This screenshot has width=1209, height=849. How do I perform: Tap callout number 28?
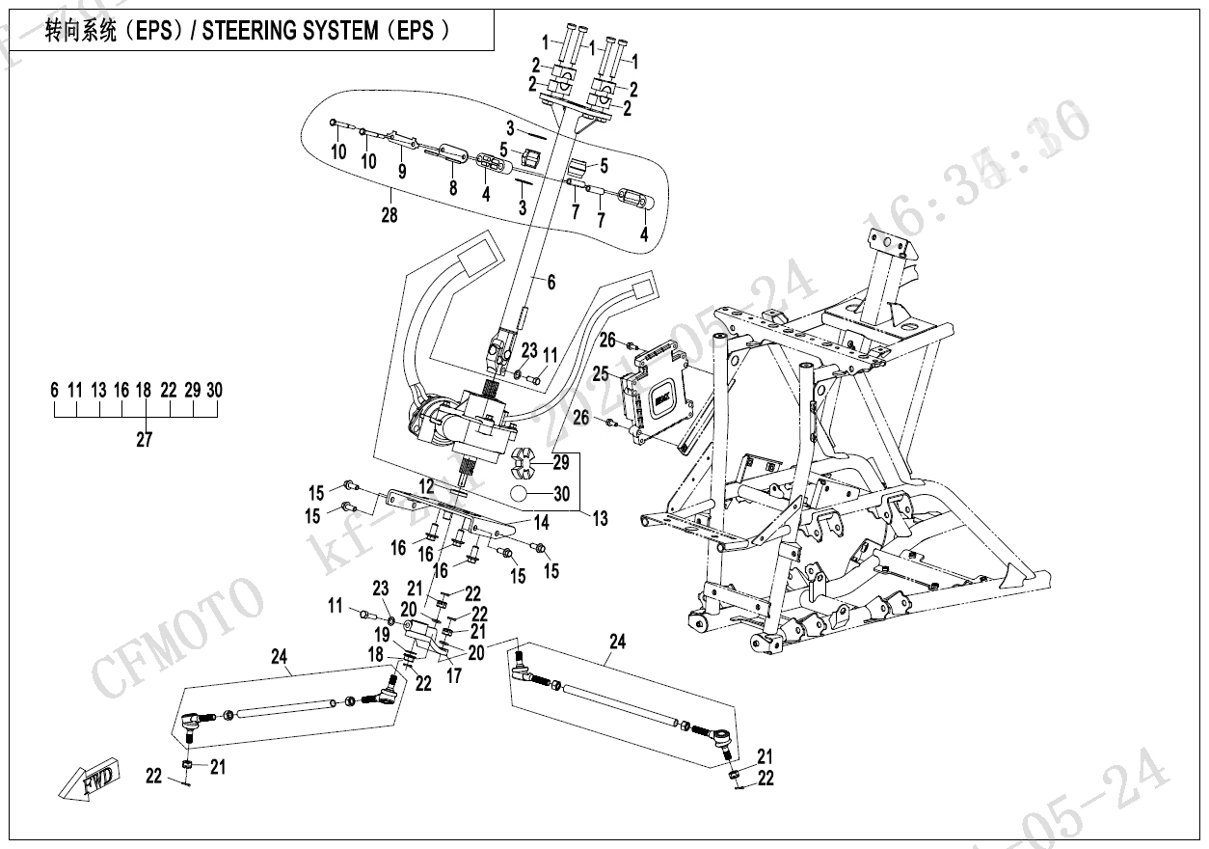pos(390,215)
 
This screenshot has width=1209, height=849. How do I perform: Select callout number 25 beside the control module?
pos(601,372)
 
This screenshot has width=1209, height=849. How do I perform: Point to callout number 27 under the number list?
pos(145,440)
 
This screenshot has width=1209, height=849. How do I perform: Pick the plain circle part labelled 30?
pos(522,494)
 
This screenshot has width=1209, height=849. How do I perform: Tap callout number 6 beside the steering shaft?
pos(551,283)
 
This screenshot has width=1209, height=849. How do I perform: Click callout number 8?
pos(452,189)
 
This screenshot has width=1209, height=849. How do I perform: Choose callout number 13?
pos(601,519)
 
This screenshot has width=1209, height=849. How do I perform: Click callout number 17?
pos(454,676)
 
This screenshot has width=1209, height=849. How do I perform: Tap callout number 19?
pos(383,635)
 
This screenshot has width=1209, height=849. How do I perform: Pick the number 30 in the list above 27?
pos(214,390)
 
